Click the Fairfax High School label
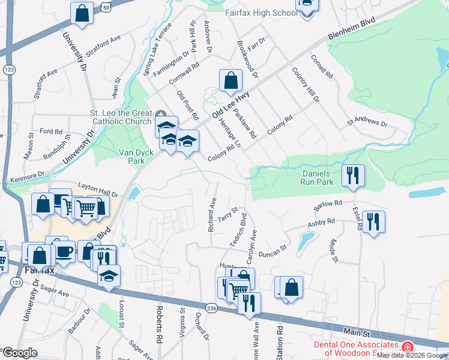(x=261, y=12)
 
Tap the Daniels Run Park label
(x=317, y=177)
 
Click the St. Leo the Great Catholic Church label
(x=121, y=118)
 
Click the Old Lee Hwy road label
(x=231, y=104)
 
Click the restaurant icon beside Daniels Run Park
(x=353, y=175)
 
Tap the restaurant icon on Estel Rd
(x=373, y=221)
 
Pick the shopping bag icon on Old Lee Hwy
(x=231, y=80)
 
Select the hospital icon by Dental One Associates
(x=407, y=347)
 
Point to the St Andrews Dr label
(x=367, y=123)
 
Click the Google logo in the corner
(x=19, y=353)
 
